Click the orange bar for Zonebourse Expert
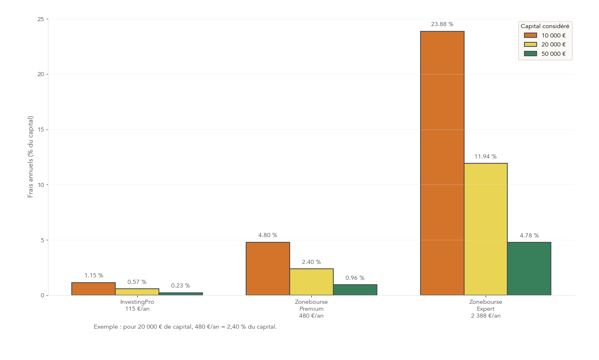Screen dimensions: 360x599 [442, 163]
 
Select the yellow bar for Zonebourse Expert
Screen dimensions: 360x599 [486, 229]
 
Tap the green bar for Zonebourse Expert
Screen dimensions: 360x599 [529, 268]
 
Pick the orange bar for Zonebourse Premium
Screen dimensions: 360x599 [268, 268]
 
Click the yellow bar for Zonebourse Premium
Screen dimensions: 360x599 [311, 282]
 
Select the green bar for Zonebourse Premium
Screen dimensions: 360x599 [355, 290]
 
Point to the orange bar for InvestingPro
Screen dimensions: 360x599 [93, 289]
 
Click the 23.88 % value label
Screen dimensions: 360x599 [442, 24]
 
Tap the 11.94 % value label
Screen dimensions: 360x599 [485, 157]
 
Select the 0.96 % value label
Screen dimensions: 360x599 [355, 278]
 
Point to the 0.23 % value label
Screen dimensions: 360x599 [181, 286]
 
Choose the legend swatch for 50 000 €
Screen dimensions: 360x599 [531, 54]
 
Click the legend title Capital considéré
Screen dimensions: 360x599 [545, 26]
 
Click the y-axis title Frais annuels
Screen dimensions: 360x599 [31, 157]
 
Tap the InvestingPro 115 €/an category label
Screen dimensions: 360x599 [137, 305]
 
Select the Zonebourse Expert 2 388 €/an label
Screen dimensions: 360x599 [486, 309]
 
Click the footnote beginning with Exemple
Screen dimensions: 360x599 [185, 327]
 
